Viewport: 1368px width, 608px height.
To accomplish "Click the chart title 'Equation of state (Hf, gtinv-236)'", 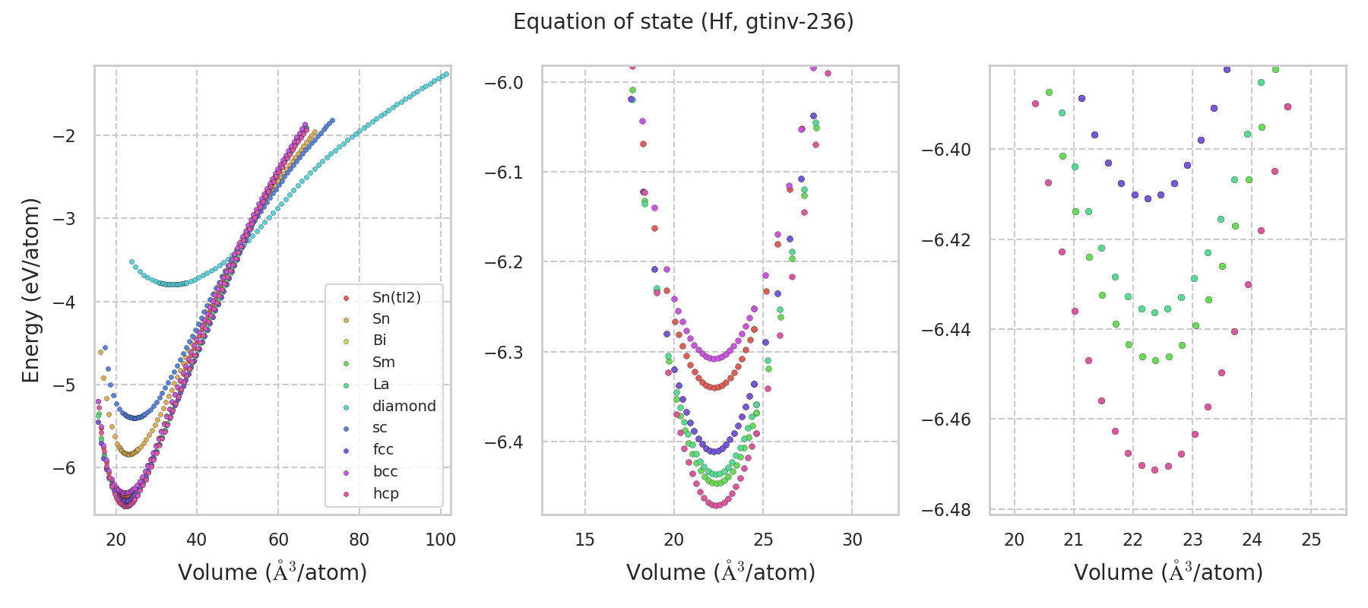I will tap(683, 22).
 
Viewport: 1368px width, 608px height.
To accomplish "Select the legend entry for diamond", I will tap(404, 406).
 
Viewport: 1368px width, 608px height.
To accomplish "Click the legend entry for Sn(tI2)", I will tap(396, 297).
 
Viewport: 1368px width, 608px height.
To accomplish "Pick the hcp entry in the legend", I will tap(385, 493).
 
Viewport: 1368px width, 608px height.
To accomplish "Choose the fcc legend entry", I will tap(383, 449).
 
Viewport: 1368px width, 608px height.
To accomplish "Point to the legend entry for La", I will tap(381, 384).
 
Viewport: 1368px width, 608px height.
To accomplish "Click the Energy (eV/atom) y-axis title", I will tap(30, 290).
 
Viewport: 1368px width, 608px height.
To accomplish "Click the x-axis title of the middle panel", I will tap(720, 572).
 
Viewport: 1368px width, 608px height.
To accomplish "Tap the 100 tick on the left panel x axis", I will tap(440, 540).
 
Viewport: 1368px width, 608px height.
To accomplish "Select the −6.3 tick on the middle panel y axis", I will tap(504, 353).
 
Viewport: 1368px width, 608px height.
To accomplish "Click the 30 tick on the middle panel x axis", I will tap(852, 540).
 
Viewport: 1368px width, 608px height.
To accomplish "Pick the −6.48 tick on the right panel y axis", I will tap(946, 509).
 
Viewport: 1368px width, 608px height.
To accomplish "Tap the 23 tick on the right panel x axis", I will tap(1192, 540).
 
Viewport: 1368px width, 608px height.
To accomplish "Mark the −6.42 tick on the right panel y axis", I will tap(946, 240).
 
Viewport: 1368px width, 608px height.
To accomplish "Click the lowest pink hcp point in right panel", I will tap(1154, 470).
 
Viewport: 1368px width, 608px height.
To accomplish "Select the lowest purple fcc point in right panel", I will tap(1148, 198).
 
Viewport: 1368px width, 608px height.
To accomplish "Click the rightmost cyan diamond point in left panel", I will tap(446, 74).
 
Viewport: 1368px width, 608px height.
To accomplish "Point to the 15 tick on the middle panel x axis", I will tap(584, 540).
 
